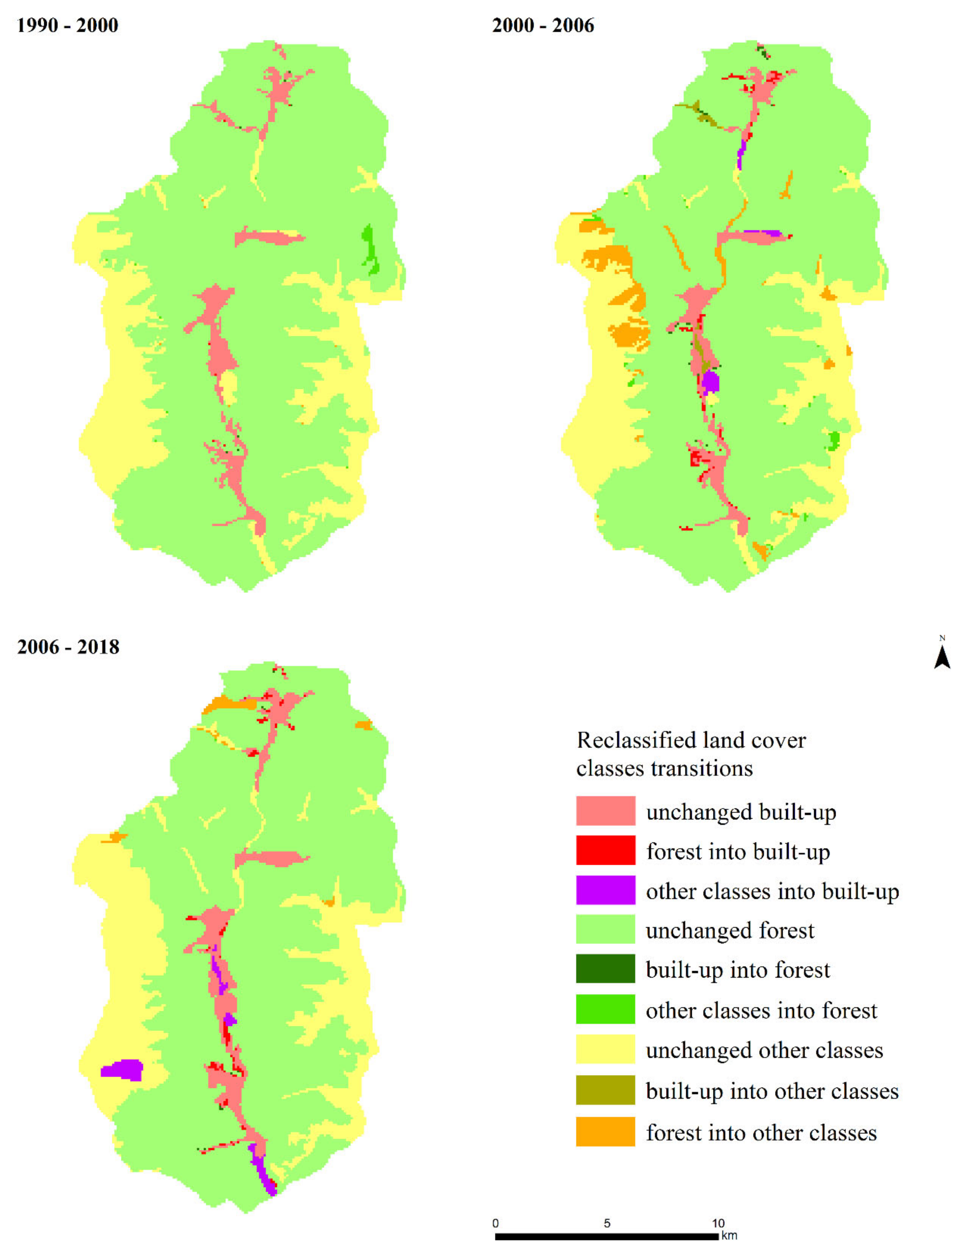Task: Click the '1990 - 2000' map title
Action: [x=67, y=25]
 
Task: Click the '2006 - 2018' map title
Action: [x=68, y=647]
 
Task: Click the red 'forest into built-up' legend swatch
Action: [x=605, y=850]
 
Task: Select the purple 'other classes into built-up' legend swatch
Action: [x=605, y=890]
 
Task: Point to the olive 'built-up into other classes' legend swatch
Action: [x=605, y=1090]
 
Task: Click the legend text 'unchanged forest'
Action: [x=729, y=930]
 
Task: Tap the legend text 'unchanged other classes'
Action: [x=764, y=1050]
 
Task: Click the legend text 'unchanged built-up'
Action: [x=741, y=812]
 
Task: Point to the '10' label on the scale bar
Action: [x=718, y=1223]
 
